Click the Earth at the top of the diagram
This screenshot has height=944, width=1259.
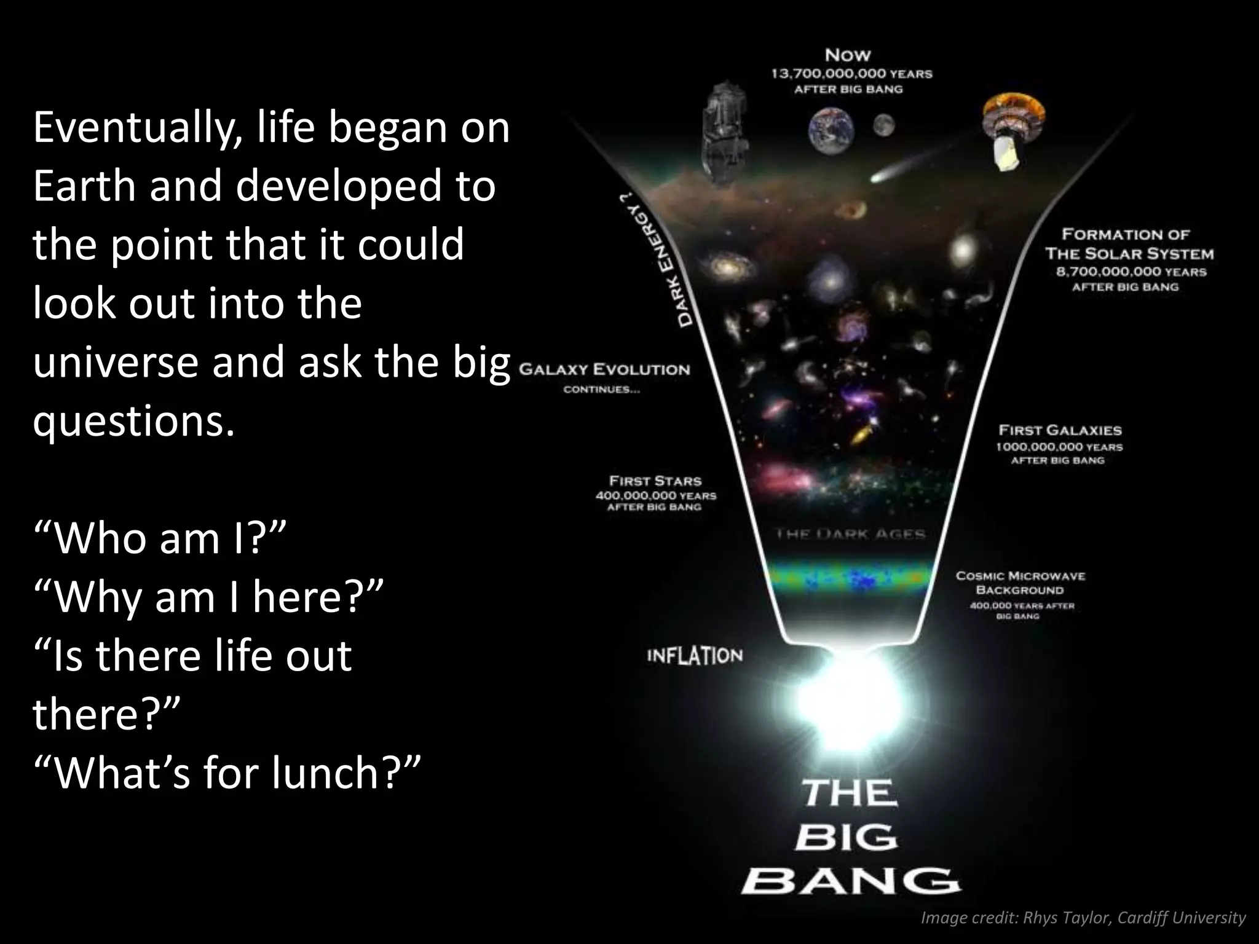pyautogui.click(x=831, y=131)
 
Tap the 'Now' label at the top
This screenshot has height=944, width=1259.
pyautogui.click(x=848, y=55)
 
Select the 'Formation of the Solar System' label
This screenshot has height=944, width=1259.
pyautogui.click(x=1129, y=244)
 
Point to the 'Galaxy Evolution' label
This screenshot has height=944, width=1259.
pyautogui.click(x=604, y=370)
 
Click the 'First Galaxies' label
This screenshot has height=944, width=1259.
pyautogui.click(x=1060, y=430)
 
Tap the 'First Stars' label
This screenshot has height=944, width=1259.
pyautogui.click(x=655, y=481)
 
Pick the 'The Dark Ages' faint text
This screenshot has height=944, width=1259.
pyautogui.click(x=850, y=533)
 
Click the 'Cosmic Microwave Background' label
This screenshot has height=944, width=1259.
pyautogui.click(x=1020, y=583)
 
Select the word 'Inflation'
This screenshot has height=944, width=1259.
pyautogui.click(x=695, y=656)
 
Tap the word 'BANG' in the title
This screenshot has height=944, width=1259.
pyautogui.click(x=850, y=882)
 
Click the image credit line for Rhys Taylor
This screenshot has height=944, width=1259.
pyautogui.click(x=1083, y=918)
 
